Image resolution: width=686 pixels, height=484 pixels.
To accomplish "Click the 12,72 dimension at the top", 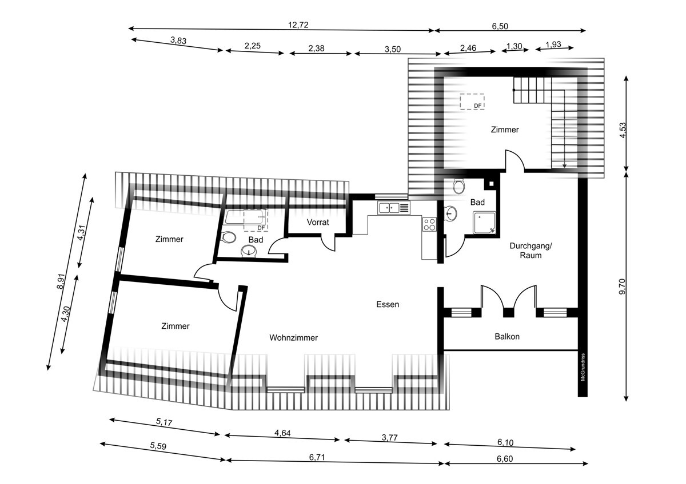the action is [298, 25].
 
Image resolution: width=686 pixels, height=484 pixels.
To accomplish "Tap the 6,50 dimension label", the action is [500, 26].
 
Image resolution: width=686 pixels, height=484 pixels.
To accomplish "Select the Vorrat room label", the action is [318, 222].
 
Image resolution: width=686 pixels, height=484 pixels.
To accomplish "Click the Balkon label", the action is [507, 337].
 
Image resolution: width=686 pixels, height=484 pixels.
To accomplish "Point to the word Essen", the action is [388, 304].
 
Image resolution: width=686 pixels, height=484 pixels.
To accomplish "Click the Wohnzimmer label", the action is [293, 337].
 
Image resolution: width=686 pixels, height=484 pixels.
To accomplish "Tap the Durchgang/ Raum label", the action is [531, 251].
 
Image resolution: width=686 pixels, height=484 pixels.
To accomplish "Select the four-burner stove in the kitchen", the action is [429, 224].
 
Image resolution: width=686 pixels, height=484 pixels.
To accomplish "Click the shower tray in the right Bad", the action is [484, 223].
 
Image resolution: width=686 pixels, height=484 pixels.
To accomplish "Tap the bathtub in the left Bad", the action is [246, 217].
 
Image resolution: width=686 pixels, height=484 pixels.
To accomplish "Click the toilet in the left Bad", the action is [228, 237].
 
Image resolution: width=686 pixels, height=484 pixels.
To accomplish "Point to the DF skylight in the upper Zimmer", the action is [472, 102].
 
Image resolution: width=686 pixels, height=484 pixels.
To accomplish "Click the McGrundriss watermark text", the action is [583, 367].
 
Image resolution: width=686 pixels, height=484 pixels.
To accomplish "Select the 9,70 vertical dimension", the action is [623, 286].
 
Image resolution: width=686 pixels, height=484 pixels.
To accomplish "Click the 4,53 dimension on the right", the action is [623, 130].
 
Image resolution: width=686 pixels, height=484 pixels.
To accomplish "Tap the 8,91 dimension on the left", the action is [61, 281].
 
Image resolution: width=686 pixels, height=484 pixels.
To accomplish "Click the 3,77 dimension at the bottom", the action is [389, 438].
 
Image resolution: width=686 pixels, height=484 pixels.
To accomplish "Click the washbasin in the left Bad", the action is [249, 251].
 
